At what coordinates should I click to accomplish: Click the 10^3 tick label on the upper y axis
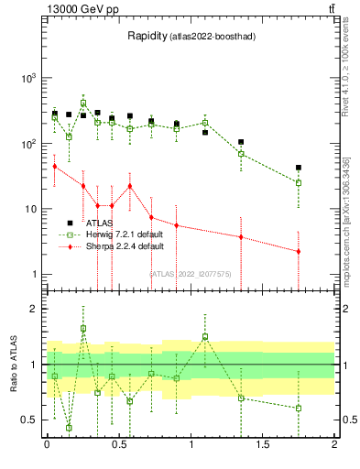(x=29, y=78)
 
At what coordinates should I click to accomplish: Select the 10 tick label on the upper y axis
(x=31, y=209)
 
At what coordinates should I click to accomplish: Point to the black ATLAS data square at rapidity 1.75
(x=299, y=168)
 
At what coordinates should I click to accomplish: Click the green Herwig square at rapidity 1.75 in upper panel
(x=299, y=182)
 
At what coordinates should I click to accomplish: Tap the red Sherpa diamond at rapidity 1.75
(x=299, y=251)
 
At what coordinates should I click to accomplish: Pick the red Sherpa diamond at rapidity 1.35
(x=241, y=237)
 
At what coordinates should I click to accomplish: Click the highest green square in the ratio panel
(x=83, y=328)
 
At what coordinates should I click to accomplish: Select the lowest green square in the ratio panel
(x=69, y=428)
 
